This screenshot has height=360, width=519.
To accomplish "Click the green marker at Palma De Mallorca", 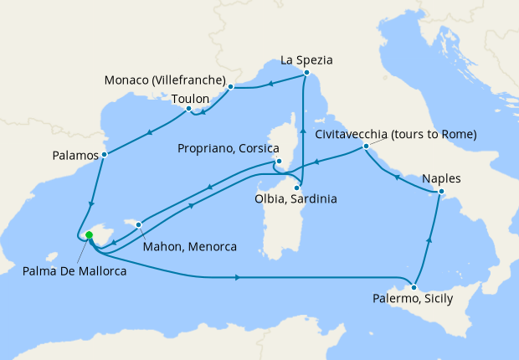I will click(89, 235).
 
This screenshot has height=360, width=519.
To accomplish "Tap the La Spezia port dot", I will click(307, 74).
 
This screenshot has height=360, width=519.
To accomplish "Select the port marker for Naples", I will click(441, 194).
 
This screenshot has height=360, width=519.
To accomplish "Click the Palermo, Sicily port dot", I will click(414, 287).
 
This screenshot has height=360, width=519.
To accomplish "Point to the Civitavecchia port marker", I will click(366, 147).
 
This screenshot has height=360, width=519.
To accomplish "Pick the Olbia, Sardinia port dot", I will click(296, 188).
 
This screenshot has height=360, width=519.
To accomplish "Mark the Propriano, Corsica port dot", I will click(277, 162).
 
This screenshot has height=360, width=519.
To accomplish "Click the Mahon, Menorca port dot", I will click(139, 224).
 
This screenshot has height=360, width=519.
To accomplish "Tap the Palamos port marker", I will click(104, 155).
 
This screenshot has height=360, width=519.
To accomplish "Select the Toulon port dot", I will click(189, 108).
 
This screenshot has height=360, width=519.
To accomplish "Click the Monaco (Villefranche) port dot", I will click(230, 85).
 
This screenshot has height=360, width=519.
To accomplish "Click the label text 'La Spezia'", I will click(306, 59).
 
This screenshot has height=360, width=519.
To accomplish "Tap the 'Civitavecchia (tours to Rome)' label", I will click(396, 134).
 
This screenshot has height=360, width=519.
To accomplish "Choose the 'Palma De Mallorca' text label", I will click(69, 270).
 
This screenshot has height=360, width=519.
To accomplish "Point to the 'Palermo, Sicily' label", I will click(415, 299).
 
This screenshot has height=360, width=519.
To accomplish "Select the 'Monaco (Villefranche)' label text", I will click(166, 80).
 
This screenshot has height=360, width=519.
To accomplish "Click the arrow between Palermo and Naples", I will click(429, 239).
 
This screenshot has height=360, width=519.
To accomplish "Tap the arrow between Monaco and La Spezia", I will click(269, 81).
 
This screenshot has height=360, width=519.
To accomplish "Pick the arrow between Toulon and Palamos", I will click(149, 131).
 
